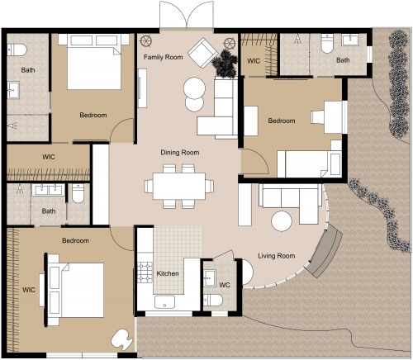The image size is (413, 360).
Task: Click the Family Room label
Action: coord(163,58)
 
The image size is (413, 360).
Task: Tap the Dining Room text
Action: coord(179,152)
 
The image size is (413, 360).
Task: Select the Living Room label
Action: coord(277,256)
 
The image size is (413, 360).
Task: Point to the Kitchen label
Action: coord(168,273)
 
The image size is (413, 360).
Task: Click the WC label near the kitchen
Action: coord(224,285)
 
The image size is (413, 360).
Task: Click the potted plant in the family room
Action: coord(224,61)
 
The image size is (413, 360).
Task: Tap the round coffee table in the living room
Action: coord(282,221)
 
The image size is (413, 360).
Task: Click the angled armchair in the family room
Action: coord(201,54)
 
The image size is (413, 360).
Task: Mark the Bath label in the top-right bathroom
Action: coord(342,60)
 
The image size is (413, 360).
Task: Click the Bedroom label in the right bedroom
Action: coord(282,121)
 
